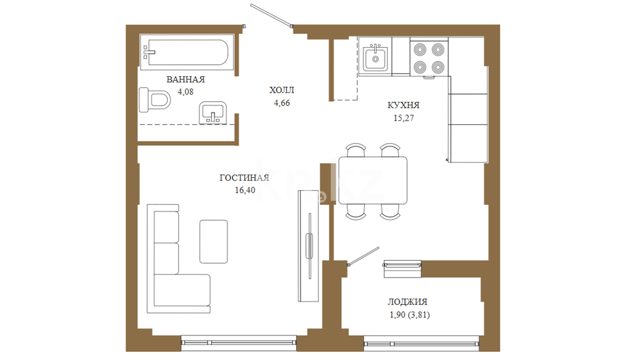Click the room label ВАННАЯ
click(x=186, y=79)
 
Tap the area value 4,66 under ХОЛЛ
click(x=282, y=103)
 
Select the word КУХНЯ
click(x=403, y=105)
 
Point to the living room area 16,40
click(x=245, y=190)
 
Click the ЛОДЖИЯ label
click(x=407, y=302)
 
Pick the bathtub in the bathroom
click(x=187, y=52)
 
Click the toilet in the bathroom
click(x=154, y=100)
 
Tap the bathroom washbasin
click(x=213, y=113)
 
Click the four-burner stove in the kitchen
click(x=429, y=58)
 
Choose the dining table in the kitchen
click(x=373, y=180)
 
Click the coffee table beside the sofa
click(x=214, y=242)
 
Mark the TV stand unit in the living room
click(x=308, y=246)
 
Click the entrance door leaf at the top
click(x=271, y=15)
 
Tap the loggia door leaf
click(x=363, y=256)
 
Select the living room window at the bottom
click(x=239, y=343)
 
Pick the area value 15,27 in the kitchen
click(x=404, y=118)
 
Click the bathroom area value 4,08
click(x=186, y=92)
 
